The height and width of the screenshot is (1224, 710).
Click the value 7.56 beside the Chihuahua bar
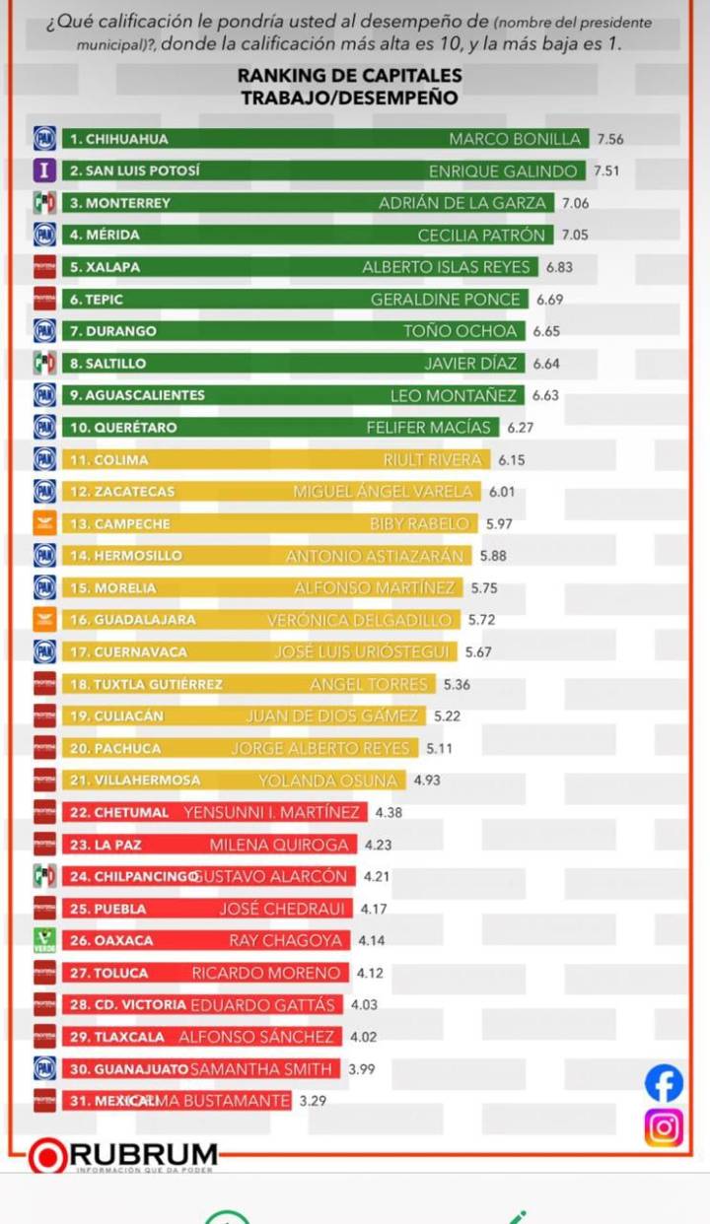pyautogui.click(x=610, y=139)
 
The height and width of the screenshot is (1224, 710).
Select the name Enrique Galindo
pyautogui.click(x=503, y=171)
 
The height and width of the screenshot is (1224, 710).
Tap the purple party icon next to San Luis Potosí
pyautogui.click(x=44, y=170)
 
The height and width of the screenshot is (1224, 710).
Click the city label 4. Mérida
pyautogui.click(x=105, y=235)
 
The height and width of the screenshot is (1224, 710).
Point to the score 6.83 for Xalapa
pyautogui.click(x=558, y=267)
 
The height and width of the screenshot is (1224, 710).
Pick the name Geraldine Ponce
pyautogui.click(x=445, y=300)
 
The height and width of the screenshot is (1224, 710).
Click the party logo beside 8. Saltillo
pyautogui.click(x=44, y=363)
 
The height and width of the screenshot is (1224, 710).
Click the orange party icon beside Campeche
pyautogui.click(x=44, y=523)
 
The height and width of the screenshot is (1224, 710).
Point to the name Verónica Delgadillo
pyautogui.click(x=359, y=620)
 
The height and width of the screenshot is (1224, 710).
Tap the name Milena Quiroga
pyautogui.click(x=279, y=845)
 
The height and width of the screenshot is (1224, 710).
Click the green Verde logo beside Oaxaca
pyautogui.click(x=44, y=940)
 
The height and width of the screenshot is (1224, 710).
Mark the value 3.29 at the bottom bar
pyautogui.click(x=313, y=1101)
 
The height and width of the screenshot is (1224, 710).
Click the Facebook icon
pyautogui.click(x=664, y=1083)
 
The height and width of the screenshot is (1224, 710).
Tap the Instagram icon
pyautogui.click(x=664, y=1127)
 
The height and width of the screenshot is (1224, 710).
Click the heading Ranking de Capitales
pyautogui.click(x=349, y=76)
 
